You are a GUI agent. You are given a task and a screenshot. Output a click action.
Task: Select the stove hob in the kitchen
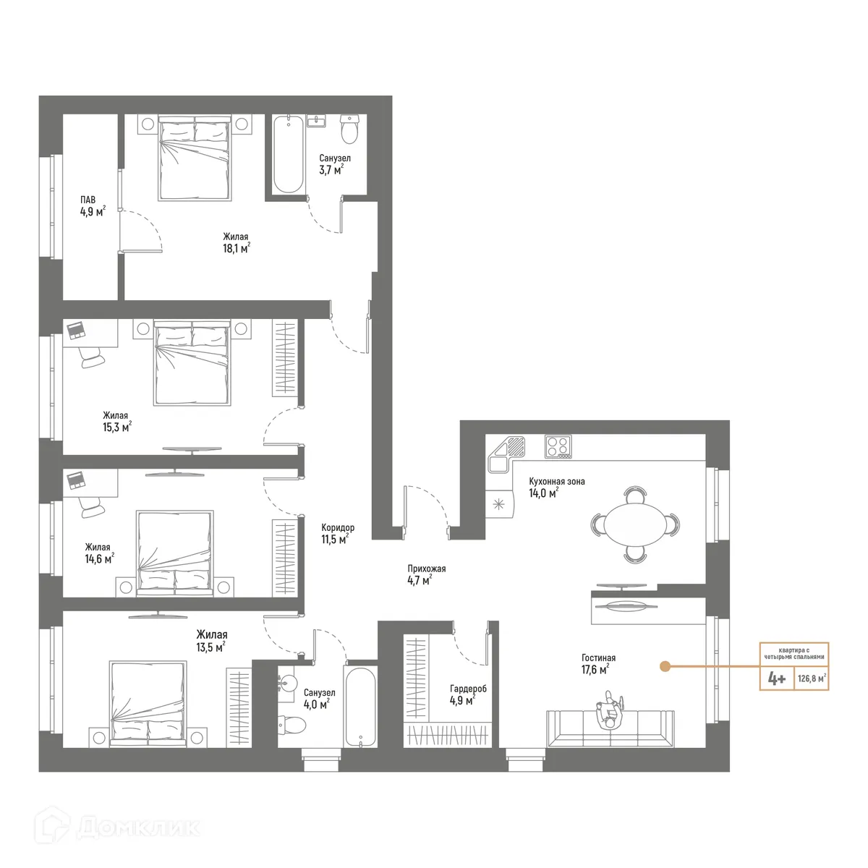click(x=558, y=446)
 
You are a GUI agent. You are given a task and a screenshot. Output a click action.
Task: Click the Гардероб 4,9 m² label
click(x=468, y=694)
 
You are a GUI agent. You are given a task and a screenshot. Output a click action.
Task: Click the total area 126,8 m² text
click(x=812, y=679)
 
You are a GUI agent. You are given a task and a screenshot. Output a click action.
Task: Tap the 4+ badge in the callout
click(x=777, y=679)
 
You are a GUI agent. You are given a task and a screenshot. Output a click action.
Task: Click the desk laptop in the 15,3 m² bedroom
click(x=77, y=332)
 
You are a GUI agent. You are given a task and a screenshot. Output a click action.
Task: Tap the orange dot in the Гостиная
click(x=663, y=665)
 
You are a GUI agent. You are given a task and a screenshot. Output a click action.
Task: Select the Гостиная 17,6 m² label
click(x=598, y=663)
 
